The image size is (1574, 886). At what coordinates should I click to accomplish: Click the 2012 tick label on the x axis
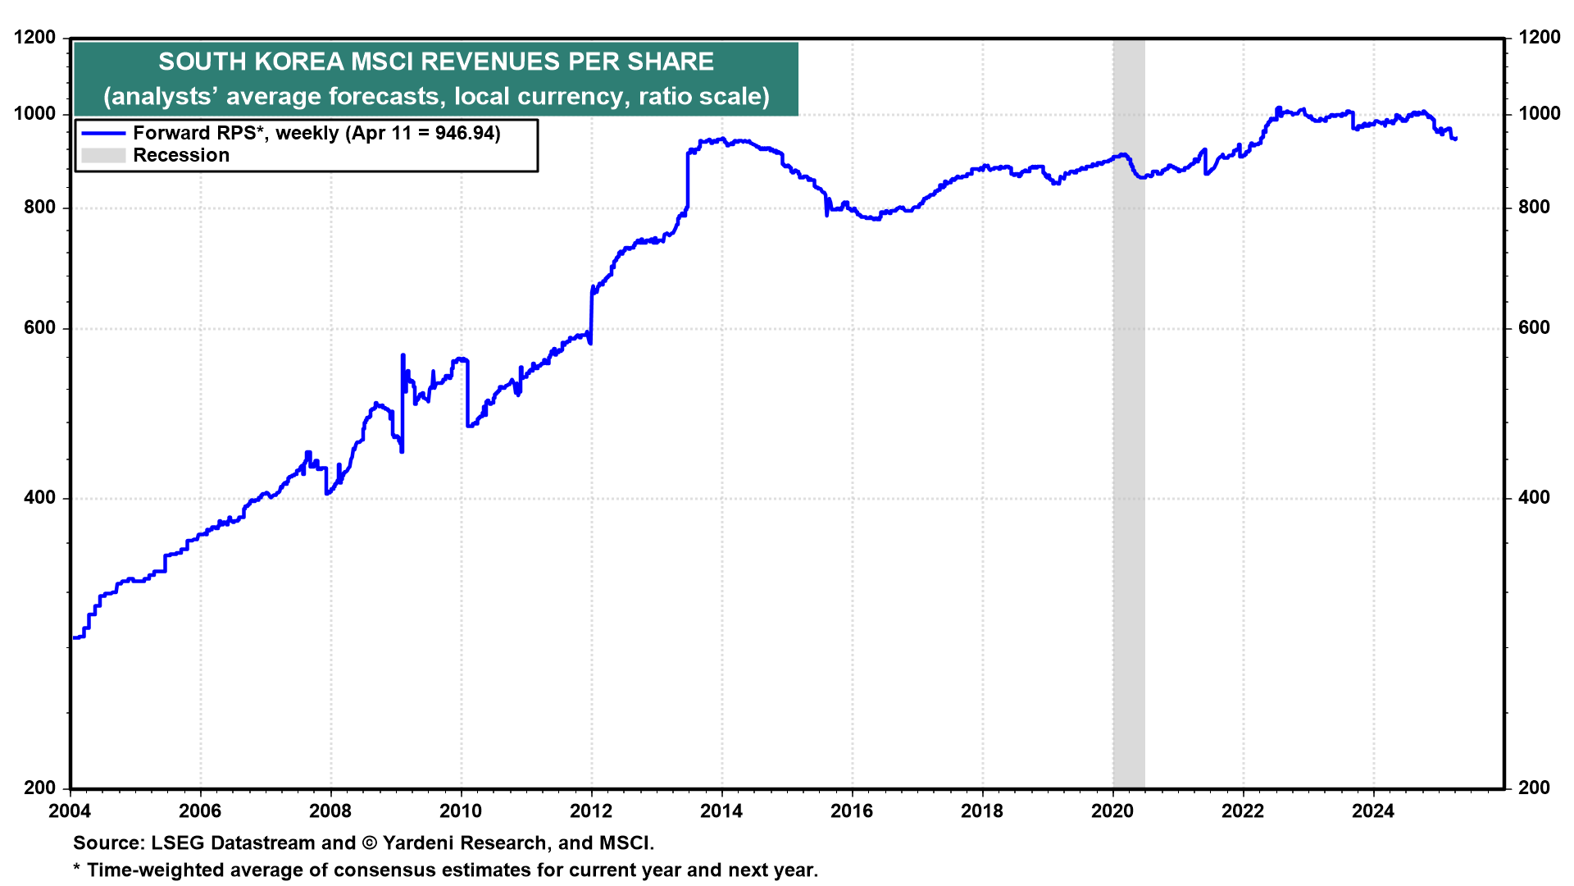[x=590, y=811]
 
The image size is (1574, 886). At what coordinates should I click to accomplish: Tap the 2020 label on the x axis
[x=1112, y=811]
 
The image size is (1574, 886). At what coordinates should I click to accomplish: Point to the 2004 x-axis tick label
[x=71, y=811]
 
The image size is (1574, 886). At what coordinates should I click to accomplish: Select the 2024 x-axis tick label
[x=1373, y=811]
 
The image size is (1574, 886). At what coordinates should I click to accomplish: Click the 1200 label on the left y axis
[x=35, y=37]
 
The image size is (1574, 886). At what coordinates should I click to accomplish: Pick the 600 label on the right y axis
[x=1534, y=328]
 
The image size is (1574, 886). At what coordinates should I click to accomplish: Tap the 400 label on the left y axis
[x=40, y=498]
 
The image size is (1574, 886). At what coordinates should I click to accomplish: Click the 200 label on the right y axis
[x=1534, y=788]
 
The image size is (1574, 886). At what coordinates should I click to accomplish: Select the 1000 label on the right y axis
[x=1539, y=113]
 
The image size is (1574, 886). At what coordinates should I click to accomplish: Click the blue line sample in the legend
[x=103, y=133]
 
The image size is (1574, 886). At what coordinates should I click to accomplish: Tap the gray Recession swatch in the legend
[x=103, y=155]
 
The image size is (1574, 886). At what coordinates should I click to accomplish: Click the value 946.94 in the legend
[x=465, y=133]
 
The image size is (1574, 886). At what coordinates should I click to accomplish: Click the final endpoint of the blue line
[x=1455, y=139]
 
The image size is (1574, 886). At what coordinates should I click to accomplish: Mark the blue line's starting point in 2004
[x=75, y=637]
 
